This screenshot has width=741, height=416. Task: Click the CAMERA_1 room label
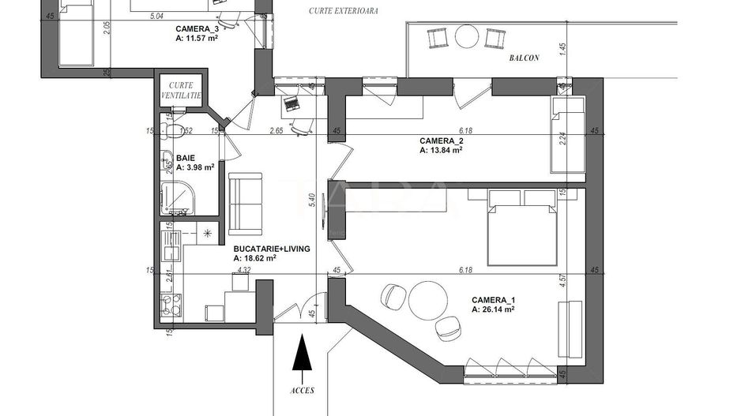point(493,300)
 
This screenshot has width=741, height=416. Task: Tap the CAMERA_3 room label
point(197,28)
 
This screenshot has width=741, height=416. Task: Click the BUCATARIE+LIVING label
point(271,248)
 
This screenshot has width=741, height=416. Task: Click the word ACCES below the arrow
point(303,391)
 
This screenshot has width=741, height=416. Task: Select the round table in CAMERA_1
point(427,300)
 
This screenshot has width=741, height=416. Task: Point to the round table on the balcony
point(466,36)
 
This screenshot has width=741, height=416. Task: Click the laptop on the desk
point(291,104)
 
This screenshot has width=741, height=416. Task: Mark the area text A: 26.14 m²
point(493,310)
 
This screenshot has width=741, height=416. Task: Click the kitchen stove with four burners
point(167,305)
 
